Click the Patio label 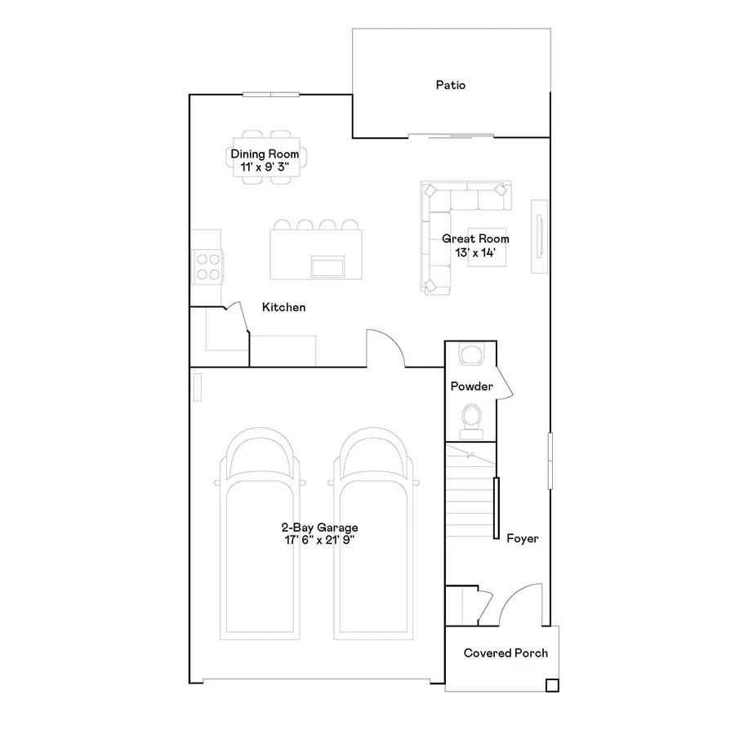pos(450,85)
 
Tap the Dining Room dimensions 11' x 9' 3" pos(264,167)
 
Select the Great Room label pos(475,239)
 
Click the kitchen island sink pos(328,266)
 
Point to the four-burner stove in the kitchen pos(207,265)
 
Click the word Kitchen pos(283,308)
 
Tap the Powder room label pos(471,386)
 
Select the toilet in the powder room pos(471,416)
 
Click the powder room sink pos(471,355)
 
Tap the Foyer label pos(523,539)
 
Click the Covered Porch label pos(506,653)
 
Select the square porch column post pos(552,685)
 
